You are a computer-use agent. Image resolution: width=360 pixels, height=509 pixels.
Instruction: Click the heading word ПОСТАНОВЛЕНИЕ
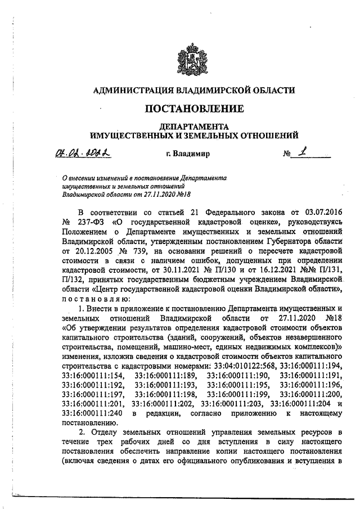(x=195, y=108)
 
